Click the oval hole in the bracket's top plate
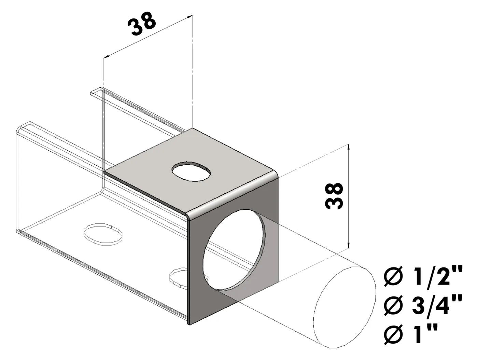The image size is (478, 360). point(191,171)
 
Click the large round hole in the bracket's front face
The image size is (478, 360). point(234,250)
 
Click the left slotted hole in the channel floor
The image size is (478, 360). point(103,234)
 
